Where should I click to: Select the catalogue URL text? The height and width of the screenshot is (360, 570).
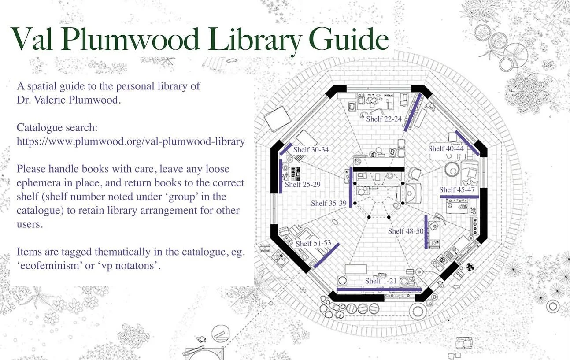pos(130,142)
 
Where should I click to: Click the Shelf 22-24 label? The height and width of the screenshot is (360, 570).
pos(384,119)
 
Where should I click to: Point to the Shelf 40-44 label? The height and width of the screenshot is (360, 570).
pos(446,148)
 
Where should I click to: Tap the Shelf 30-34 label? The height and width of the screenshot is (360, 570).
pos(311,149)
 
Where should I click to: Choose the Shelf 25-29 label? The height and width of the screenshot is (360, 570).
pos(302,184)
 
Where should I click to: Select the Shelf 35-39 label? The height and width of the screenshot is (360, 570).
pos(329,203)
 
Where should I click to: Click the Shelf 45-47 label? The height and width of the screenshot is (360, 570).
pos(457,189)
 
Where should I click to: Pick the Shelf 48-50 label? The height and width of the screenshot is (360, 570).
pos(406,231)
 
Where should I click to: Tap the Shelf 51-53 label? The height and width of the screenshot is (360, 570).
pos(313,243)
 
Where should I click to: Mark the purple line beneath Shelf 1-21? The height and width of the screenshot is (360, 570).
pos(379,289)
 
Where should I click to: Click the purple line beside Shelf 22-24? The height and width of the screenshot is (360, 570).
pos(412,112)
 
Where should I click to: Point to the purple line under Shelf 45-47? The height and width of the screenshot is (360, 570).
pos(459,197)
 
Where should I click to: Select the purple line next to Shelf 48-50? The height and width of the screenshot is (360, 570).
pos(426,232)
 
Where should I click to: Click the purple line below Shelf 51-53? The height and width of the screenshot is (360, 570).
pos(326,256)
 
